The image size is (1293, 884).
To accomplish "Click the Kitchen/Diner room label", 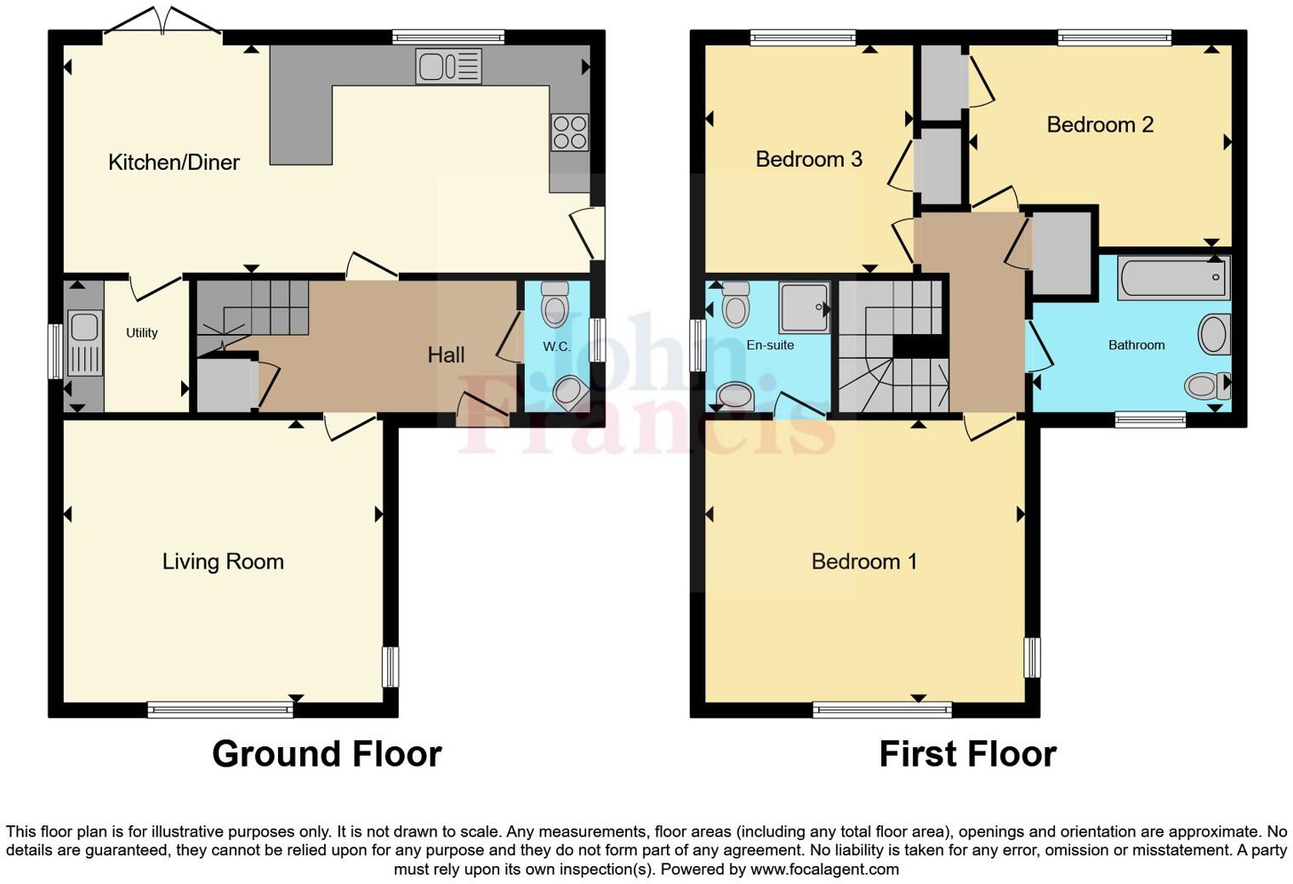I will (x=174, y=162).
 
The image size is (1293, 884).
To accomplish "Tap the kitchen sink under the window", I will (x=448, y=66).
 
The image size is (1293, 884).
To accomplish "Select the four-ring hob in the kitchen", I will (x=569, y=132).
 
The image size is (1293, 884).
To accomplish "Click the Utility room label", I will (x=141, y=333).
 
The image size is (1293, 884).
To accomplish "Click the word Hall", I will (x=446, y=354).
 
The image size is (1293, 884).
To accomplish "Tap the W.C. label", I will (x=556, y=347).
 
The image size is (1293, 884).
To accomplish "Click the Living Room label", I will (x=223, y=562).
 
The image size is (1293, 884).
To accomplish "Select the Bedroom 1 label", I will (x=863, y=562).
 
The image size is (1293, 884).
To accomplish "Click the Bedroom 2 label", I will (x=1099, y=125).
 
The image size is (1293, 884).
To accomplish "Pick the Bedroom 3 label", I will (x=808, y=159).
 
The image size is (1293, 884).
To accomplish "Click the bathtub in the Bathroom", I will (x=1174, y=278).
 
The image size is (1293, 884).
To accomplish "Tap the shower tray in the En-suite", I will (x=804, y=307).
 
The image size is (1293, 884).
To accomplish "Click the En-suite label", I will (x=770, y=345).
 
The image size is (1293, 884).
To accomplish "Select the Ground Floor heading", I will (x=327, y=754).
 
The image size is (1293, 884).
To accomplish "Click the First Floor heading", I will (x=967, y=754).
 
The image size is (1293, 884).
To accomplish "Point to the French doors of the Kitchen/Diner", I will (x=162, y=25).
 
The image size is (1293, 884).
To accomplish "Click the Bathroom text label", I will (x=1136, y=345).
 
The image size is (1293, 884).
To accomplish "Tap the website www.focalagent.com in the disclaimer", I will (x=823, y=870).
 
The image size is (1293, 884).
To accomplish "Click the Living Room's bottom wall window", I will (x=220, y=709).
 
